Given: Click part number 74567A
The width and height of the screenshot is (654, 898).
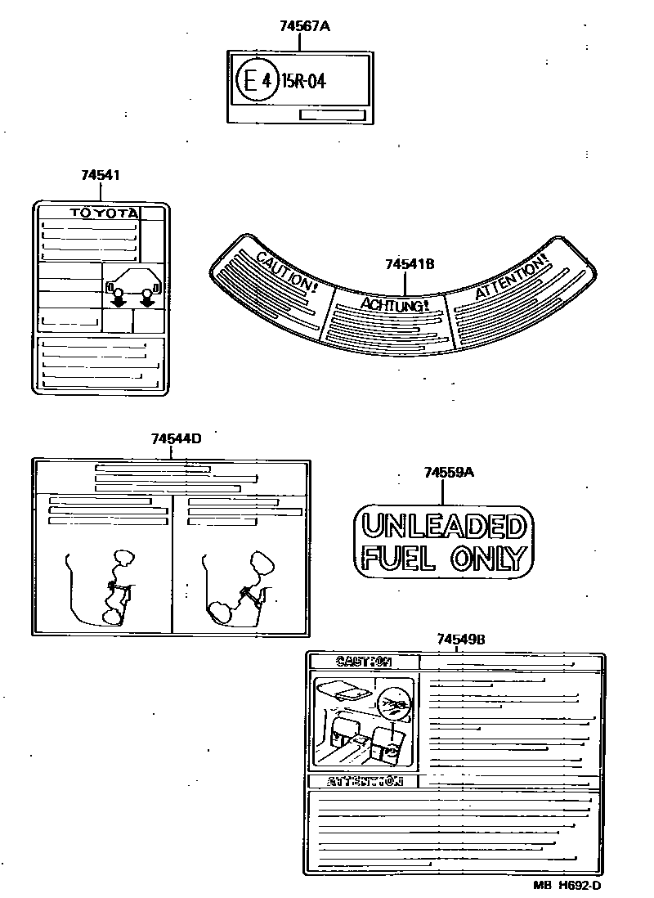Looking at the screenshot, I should [304, 26].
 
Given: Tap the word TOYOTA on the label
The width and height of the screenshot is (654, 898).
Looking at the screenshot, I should [103, 213].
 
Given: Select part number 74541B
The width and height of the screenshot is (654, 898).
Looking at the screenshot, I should [409, 264].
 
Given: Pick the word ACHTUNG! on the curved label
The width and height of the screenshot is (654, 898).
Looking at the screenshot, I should [394, 306].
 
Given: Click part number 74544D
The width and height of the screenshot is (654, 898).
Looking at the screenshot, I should [176, 438].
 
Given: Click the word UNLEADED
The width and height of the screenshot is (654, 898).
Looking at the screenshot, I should [443, 524].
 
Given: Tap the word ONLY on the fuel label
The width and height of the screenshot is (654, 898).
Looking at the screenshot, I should [486, 558].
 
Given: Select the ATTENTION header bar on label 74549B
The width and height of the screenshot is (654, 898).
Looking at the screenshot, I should [365, 781].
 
